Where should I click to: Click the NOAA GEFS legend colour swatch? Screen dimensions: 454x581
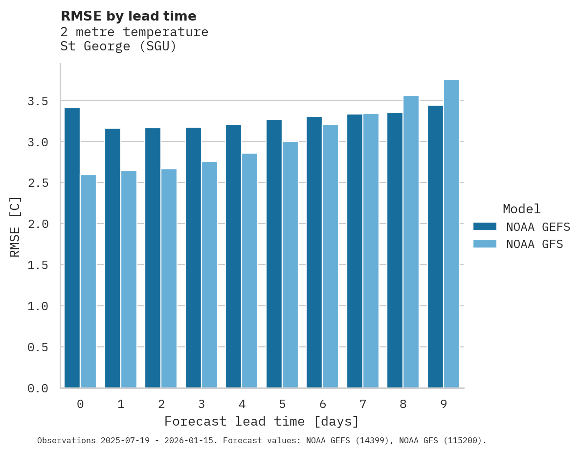485,227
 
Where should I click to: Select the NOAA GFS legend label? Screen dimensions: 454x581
535,244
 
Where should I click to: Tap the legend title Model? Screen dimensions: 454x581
521,209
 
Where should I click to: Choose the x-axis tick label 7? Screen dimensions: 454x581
363,404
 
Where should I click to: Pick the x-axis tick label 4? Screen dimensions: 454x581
242,404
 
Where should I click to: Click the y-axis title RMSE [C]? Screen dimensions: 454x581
15,227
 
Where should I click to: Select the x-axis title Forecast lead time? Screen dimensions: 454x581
262,421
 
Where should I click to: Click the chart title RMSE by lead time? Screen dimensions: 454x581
128,16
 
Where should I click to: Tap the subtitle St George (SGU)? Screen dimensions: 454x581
118,46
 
